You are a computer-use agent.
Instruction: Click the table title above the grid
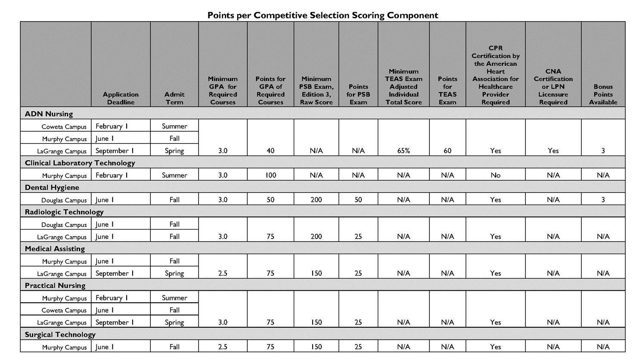(323, 16)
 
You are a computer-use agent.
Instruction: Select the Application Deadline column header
(121, 98)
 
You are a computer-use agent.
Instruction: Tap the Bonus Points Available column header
(603, 94)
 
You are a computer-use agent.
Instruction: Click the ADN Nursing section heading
(49, 114)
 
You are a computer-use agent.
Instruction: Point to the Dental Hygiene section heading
(52, 187)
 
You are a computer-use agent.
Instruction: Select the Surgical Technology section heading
(60, 335)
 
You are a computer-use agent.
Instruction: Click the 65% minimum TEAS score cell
(404, 151)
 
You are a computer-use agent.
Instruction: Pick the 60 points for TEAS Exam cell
(448, 151)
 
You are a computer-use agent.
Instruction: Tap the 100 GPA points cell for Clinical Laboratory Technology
(270, 175)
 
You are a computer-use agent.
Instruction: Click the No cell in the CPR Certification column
(495, 175)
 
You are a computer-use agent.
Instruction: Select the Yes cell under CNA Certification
(553, 151)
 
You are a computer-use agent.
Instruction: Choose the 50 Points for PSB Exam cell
(358, 200)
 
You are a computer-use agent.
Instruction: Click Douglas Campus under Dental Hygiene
(64, 200)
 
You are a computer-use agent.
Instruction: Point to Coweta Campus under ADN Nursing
(64, 127)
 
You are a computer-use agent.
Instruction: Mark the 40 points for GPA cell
(270, 151)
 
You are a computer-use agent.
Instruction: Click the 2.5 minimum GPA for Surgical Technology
(223, 347)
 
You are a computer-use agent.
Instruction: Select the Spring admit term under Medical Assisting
(174, 273)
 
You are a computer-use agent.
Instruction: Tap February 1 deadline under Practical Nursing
(112, 298)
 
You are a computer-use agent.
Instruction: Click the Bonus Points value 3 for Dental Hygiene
(603, 200)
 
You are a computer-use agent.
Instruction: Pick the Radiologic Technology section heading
(64, 212)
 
